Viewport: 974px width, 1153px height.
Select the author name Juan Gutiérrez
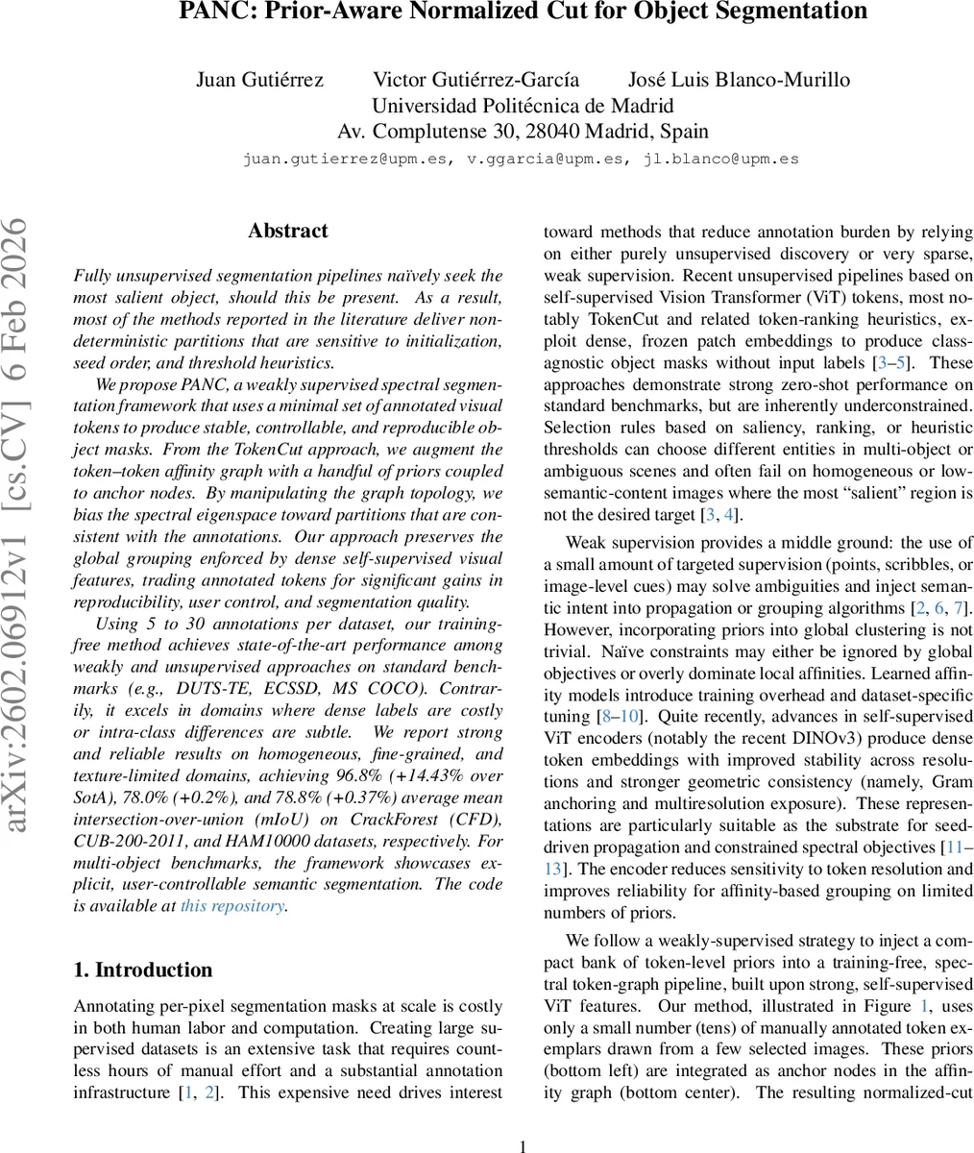coord(258,80)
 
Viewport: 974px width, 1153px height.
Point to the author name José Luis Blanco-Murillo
coord(739,80)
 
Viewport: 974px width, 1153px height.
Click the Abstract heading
coord(287,231)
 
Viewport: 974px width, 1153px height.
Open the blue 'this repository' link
coord(232,905)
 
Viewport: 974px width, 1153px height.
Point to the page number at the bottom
coord(523,1146)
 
